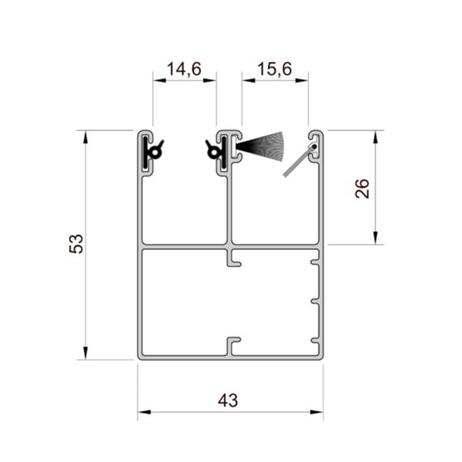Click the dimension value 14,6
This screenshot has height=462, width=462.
coord(184,69)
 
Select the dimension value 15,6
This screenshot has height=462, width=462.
coord(275,69)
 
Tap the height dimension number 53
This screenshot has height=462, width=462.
coord(75,244)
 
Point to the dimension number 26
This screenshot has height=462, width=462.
coord(363,189)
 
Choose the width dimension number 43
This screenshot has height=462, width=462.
coord(228,400)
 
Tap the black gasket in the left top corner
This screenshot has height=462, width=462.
coord(152,152)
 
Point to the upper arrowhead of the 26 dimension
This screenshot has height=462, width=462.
coord(375,136)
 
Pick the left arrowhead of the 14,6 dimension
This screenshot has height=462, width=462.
coord(156,79)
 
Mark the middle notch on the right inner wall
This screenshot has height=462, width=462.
coord(315,300)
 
